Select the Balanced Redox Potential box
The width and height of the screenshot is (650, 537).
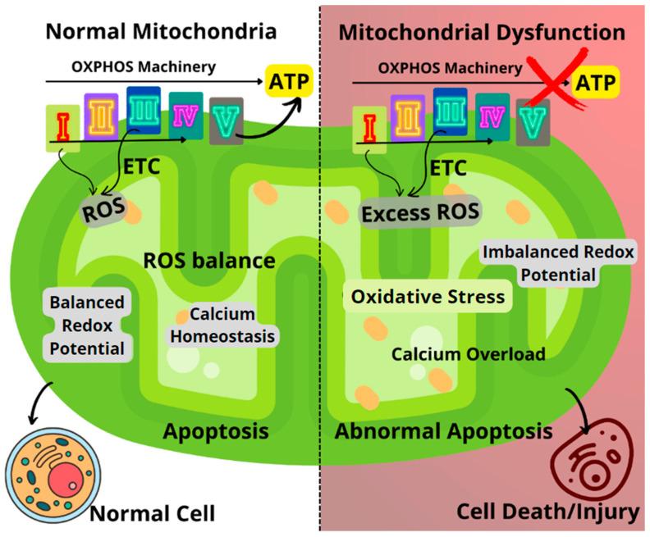[x=86, y=325]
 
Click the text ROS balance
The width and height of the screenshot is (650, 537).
[x=208, y=262]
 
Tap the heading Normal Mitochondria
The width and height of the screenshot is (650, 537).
[x=162, y=33]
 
